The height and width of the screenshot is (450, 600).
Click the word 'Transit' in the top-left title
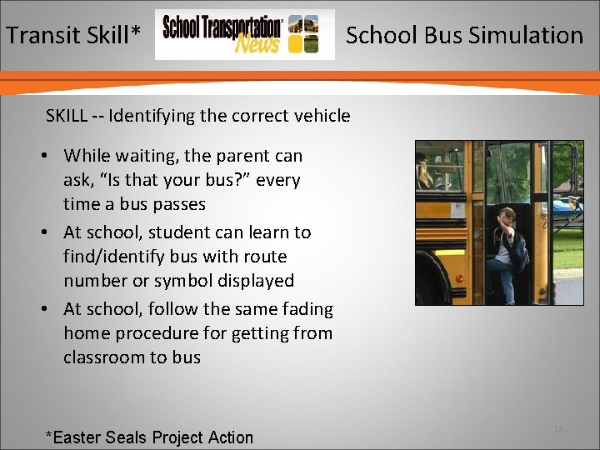pos(44,35)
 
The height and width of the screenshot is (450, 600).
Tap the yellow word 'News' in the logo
pos(257,45)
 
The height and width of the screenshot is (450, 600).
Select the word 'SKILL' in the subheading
pos(67,116)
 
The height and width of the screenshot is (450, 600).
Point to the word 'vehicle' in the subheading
pos(321,116)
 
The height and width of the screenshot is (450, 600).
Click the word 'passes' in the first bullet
pos(178,204)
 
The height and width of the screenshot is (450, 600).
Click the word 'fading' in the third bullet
pos(306,309)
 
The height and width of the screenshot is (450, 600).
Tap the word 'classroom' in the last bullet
pos(103,357)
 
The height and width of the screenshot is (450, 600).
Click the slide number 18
pos(558,429)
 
